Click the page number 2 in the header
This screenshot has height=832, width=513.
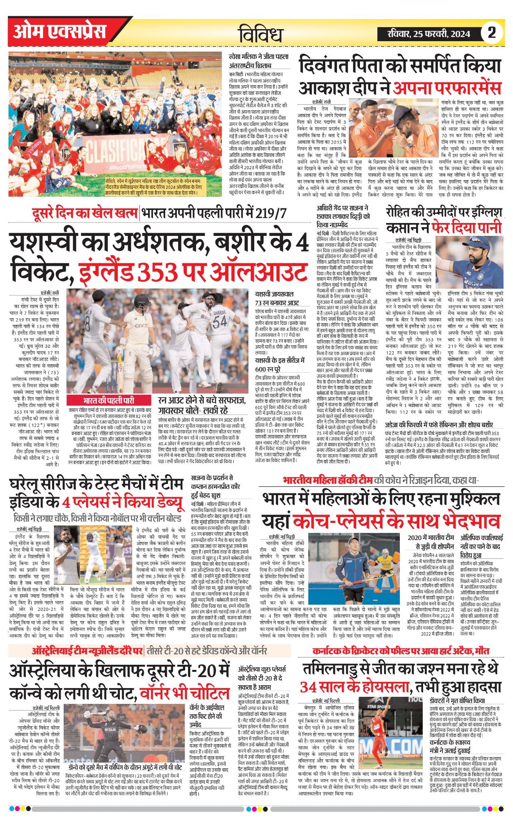pyautogui.click(x=492, y=33)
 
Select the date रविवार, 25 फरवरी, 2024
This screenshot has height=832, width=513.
pyautogui.click(x=429, y=34)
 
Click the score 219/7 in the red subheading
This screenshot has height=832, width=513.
pyautogui.click(x=271, y=213)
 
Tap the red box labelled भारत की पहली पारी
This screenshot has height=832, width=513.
pyautogui.click(x=109, y=400)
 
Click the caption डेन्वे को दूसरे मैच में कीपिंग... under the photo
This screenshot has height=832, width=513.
pyautogui.click(x=125, y=767)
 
